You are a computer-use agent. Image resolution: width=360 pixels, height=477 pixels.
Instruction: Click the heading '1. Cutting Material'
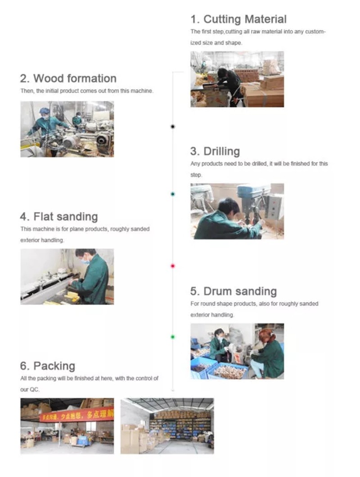(x=238, y=19)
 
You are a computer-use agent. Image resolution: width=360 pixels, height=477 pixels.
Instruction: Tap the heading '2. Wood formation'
(x=68, y=78)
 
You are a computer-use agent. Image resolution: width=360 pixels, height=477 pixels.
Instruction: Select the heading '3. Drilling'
(x=215, y=151)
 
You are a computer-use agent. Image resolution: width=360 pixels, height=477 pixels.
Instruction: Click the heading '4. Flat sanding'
(x=58, y=217)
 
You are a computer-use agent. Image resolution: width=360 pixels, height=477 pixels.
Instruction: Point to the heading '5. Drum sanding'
(x=234, y=291)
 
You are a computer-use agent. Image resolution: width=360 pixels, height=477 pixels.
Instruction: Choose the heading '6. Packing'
(x=48, y=366)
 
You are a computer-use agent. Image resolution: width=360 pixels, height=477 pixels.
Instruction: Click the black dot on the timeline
(x=173, y=127)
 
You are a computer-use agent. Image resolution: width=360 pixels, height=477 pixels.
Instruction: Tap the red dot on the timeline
(x=173, y=266)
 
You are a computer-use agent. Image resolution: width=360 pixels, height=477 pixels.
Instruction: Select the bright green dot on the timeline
(x=173, y=337)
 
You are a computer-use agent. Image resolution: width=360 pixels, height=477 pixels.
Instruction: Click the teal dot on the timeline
(x=173, y=194)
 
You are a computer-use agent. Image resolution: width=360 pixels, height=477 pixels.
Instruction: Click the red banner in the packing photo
(x=76, y=415)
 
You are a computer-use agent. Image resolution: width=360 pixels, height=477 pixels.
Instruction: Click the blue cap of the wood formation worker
(x=44, y=111)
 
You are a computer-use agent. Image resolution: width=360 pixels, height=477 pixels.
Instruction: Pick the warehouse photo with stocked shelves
(x=167, y=425)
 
